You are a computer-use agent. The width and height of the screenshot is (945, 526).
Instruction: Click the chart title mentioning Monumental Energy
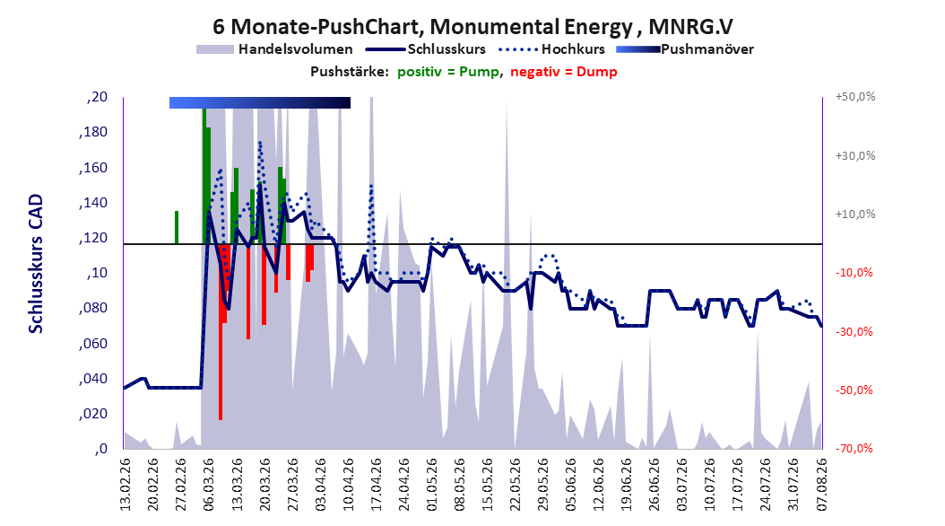(x=472, y=27)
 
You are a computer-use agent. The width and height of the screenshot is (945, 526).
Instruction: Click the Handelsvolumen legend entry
(x=274, y=49)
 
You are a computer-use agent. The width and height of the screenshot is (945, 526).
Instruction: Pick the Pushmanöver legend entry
(x=685, y=49)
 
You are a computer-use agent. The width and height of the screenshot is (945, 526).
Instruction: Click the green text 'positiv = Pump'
(x=448, y=72)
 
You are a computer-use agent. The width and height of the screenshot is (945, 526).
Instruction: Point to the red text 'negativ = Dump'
(x=564, y=72)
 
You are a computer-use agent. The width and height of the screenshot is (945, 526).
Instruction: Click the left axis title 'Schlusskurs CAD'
(x=36, y=263)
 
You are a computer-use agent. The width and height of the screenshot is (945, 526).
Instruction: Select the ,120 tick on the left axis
(x=93, y=238)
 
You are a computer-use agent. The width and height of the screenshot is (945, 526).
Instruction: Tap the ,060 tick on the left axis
(x=93, y=344)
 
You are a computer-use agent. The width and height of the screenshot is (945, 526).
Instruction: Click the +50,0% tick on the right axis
(x=855, y=97)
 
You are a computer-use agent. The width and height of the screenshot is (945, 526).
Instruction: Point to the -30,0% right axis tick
(x=854, y=332)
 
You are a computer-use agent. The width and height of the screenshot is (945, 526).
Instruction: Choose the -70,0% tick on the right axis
(x=854, y=449)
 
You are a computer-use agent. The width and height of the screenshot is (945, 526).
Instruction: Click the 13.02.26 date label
(x=126, y=485)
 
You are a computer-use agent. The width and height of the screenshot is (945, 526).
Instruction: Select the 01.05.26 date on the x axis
(x=432, y=485)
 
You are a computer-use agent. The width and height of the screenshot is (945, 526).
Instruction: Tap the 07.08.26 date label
(x=822, y=485)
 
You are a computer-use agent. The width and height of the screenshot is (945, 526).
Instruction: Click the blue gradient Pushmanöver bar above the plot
(x=260, y=102)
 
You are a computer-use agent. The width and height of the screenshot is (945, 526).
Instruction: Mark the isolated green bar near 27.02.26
(x=177, y=227)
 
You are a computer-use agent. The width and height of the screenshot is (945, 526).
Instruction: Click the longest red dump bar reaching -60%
(x=221, y=332)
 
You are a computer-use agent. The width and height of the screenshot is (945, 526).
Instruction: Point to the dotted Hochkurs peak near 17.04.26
(x=371, y=186)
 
